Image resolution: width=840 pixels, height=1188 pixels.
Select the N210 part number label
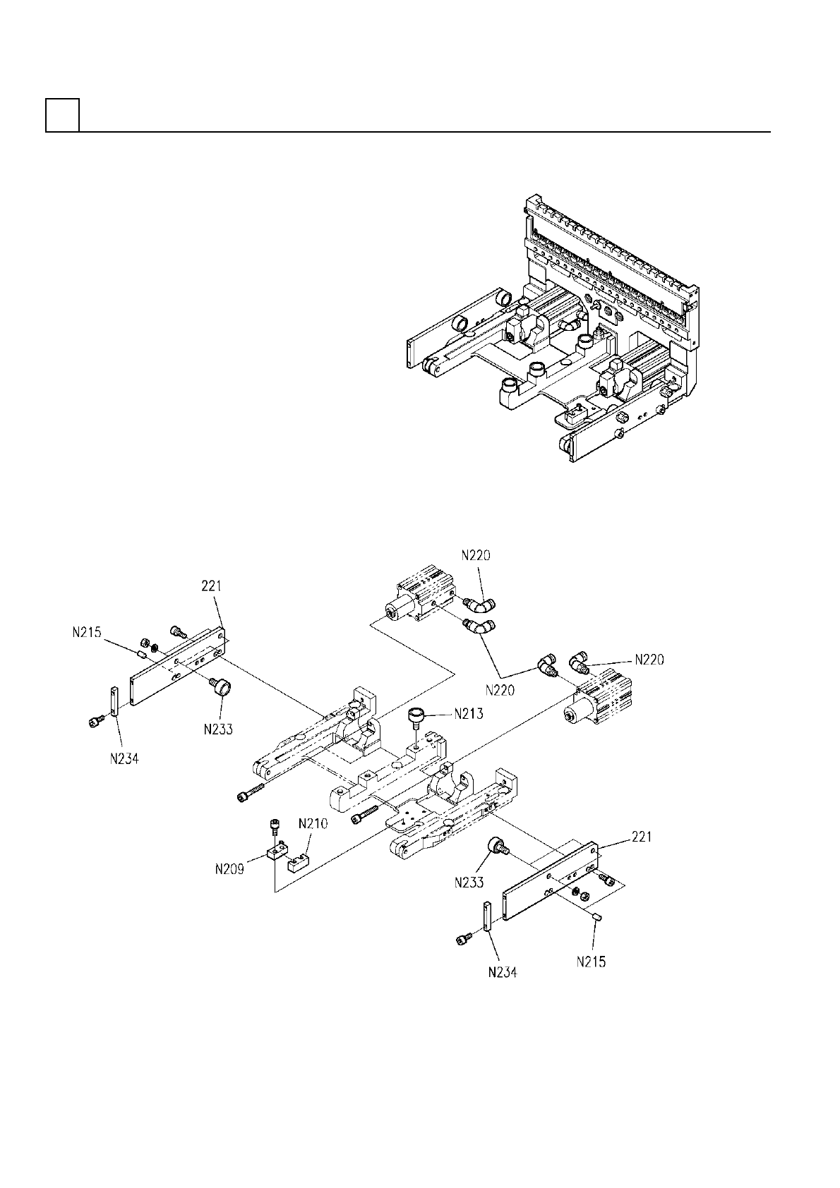313,824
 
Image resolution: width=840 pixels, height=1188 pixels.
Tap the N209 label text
230,869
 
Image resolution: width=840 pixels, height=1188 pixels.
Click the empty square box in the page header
62,115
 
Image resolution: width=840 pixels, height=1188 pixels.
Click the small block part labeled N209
277,853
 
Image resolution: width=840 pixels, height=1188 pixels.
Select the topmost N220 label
476,555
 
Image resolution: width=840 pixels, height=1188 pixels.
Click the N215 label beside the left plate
87,633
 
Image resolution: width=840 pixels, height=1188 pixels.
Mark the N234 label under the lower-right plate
502,972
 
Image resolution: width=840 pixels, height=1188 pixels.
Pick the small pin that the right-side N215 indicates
596,916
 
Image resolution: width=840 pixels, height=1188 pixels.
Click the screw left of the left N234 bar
96,720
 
